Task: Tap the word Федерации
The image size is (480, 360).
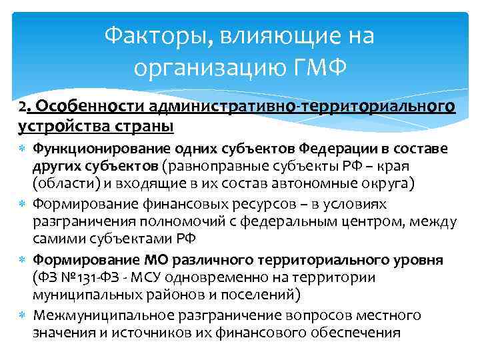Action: coord(337,148)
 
